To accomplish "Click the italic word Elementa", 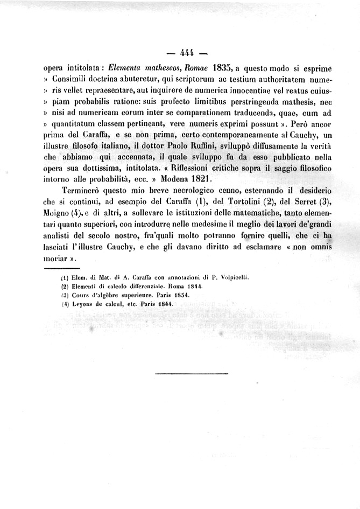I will click(x=127, y=68).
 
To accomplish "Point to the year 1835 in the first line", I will click(x=222, y=68).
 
